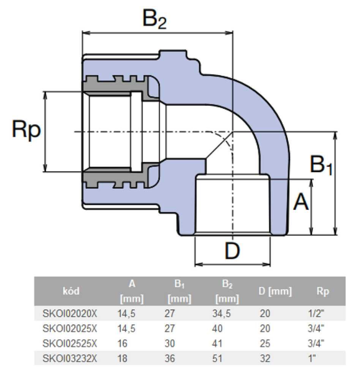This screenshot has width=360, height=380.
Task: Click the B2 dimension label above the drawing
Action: [x=155, y=19]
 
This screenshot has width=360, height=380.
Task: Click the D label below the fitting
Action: [x=232, y=250]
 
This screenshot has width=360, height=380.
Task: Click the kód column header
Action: [x=71, y=291]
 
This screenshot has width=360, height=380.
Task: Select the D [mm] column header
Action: [x=275, y=291]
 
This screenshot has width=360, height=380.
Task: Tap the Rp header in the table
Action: [x=323, y=291]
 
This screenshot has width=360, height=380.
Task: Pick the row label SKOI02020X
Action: [x=69, y=313]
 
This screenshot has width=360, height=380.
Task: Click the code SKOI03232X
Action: [x=69, y=358]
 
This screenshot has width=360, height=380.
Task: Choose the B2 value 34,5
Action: [x=221, y=313]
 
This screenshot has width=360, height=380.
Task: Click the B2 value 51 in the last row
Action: [x=217, y=358]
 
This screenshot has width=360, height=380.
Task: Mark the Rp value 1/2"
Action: [x=316, y=313]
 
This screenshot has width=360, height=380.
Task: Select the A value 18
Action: [x=122, y=358]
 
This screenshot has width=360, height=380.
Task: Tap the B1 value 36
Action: [x=170, y=358]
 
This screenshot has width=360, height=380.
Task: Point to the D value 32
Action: [x=265, y=358]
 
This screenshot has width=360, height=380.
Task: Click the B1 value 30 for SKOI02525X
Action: [x=170, y=344]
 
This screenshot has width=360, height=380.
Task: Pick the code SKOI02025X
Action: [x=69, y=329]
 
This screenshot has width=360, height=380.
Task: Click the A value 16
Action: [x=122, y=344]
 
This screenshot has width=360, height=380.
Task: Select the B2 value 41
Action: [x=217, y=344]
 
